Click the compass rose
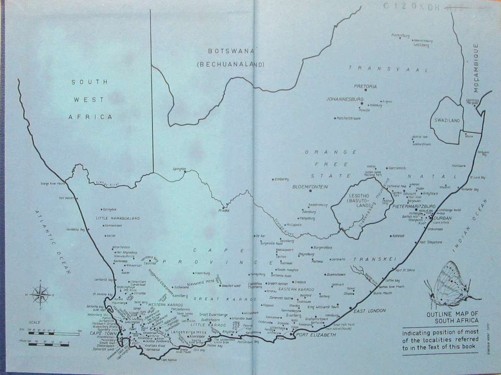[x=40, y=294]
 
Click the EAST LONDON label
[x=369, y=311]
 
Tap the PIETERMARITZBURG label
[x=415, y=206]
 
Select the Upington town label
[x=178, y=169]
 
